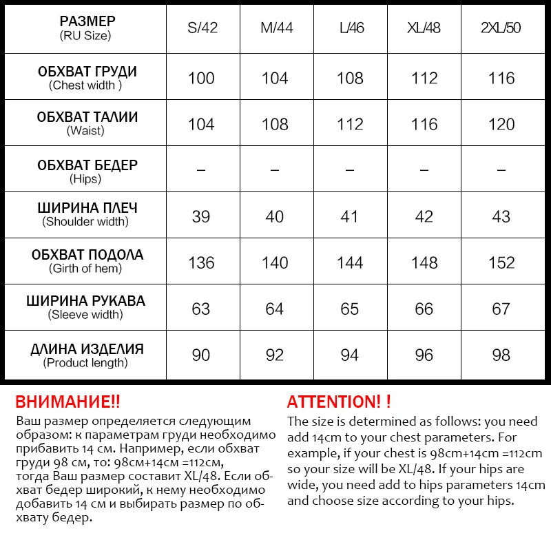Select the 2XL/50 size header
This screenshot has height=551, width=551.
pos(501,29)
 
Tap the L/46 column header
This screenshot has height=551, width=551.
pos(350,29)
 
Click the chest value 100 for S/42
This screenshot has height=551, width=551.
pos(201,78)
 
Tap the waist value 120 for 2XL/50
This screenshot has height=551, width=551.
pos(501,124)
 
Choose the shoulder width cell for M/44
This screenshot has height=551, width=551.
pos(274,216)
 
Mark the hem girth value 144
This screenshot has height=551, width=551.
pos(350,262)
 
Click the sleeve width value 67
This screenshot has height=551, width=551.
pos(501,309)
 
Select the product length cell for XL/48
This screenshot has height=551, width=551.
pos(424,355)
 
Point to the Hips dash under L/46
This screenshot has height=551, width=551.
pos(350,169)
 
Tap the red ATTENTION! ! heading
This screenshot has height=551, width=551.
pos(339,402)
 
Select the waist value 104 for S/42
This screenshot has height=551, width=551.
pos(201,124)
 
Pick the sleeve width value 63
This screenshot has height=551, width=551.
pos(201,309)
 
